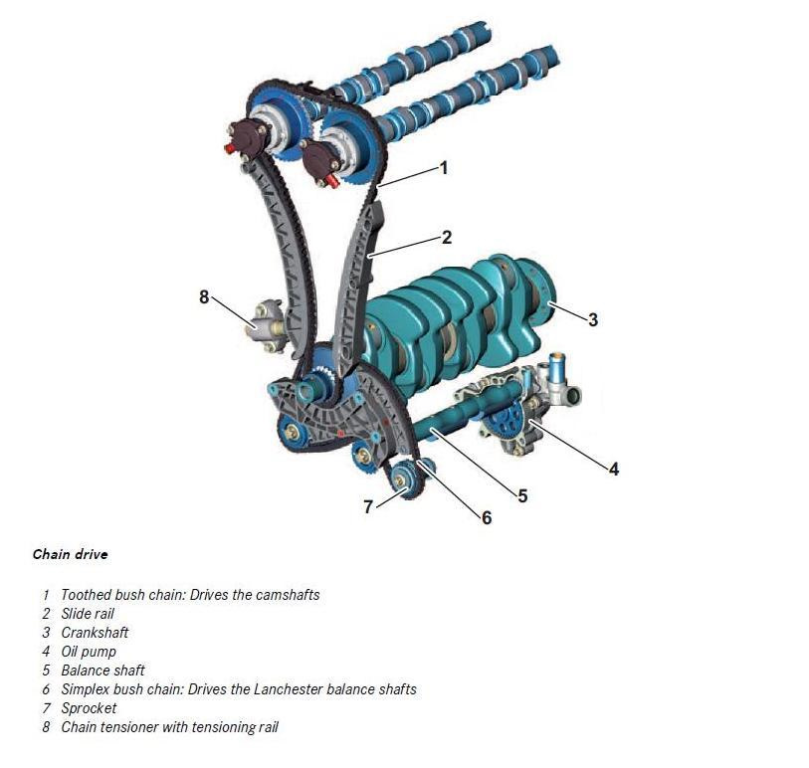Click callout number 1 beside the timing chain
click(443, 168)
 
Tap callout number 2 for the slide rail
click(447, 237)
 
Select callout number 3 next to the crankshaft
click(593, 319)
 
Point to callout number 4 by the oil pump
click(613, 469)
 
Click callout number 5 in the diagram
click(522, 496)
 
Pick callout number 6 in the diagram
click(487, 518)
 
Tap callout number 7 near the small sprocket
click(368, 507)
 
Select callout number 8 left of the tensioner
click(204, 297)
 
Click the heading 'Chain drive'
click(71, 554)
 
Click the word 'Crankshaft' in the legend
click(95, 633)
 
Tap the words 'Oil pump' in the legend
click(89, 652)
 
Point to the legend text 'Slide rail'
click(88, 614)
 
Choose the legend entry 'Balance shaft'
click(102, 671)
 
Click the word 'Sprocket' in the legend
click(89, 708)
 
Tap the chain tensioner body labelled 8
click(267, 325)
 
